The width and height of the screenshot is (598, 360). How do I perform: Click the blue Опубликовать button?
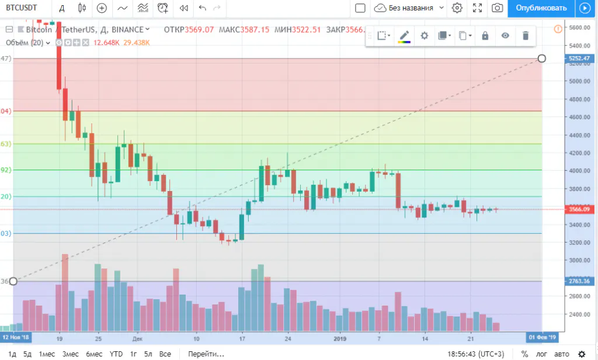tap(541, 8)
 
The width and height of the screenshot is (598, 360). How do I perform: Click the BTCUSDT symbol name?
tap(22, 8)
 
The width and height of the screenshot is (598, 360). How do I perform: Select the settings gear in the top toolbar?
tap(457, 8)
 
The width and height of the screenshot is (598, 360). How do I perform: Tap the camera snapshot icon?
tap(497, 8)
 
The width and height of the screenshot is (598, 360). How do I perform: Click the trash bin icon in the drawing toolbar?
tap(526, 36)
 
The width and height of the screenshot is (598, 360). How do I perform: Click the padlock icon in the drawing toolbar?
tap(485, 36)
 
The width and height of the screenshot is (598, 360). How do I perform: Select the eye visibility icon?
tap(505, 36)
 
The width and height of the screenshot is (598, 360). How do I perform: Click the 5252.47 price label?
tap(580, 58)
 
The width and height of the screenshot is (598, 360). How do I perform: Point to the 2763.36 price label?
tap(580, 282)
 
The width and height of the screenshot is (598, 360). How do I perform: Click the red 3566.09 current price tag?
tap(580, 209)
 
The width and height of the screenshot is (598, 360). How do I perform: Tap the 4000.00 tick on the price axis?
tap(580, 171)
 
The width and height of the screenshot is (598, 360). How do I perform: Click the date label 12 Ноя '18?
tap(15, 338)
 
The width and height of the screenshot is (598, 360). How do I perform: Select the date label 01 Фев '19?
tap(541, 338)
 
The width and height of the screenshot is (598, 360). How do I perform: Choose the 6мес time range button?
tap(94, 354)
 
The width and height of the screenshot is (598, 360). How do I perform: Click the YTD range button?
tap(116, 354)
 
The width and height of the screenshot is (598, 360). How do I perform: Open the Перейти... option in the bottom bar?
tap(206, 354)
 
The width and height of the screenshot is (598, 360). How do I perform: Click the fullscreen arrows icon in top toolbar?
tap(477, 8)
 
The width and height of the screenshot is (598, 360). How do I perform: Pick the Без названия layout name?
tap(411, 8)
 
